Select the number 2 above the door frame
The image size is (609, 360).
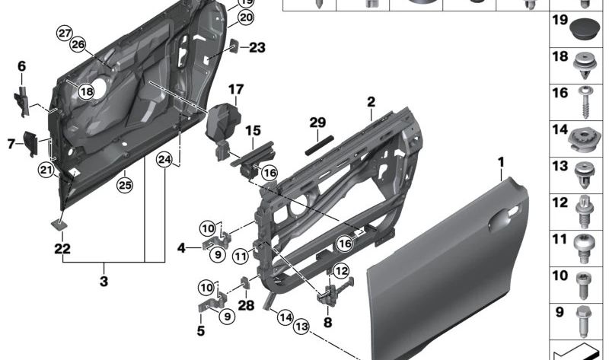(371, 102)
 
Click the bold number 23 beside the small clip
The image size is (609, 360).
(257, 48)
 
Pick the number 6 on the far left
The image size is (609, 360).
(21, 66)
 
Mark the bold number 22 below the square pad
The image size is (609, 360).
(62, 249)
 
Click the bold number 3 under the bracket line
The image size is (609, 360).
(104, 282)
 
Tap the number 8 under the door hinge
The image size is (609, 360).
(328, 322)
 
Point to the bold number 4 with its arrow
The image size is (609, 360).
(180, 247)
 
